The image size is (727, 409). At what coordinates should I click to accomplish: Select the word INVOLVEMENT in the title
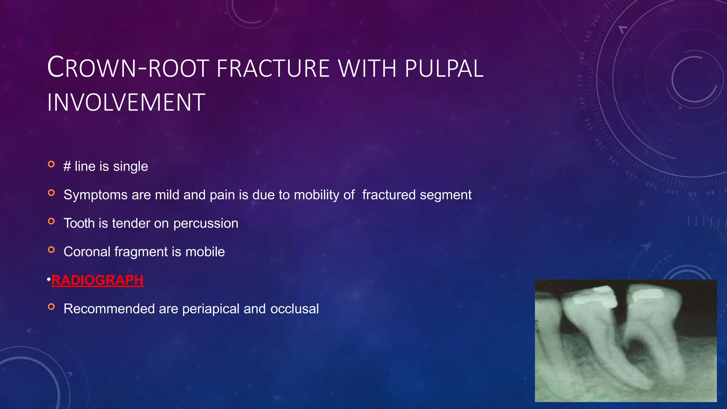126,103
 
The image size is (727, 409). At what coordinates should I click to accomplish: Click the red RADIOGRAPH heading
97,280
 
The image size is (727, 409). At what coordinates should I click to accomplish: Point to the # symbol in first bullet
67,167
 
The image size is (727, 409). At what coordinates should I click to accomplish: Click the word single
130,167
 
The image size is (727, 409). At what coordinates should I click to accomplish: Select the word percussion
206,223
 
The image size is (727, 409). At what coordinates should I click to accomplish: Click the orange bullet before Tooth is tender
51,222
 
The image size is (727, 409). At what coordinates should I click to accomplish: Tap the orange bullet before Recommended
51,307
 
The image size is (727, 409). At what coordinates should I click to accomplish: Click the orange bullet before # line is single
51,164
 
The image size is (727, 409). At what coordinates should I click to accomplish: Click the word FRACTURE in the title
273,68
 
